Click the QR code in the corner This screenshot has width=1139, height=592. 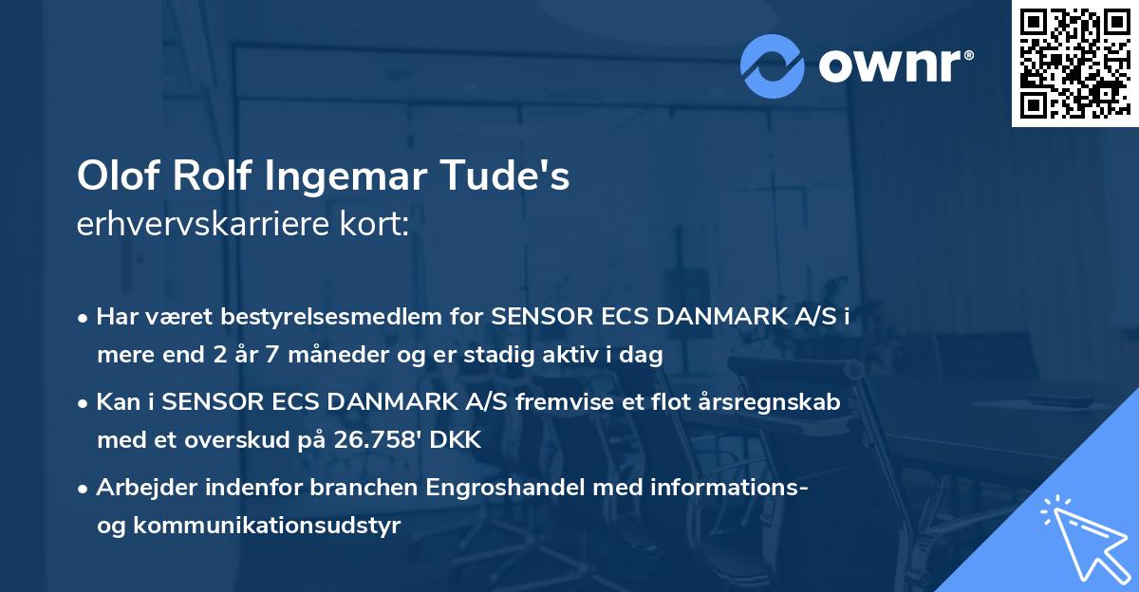[x=1074, y=63]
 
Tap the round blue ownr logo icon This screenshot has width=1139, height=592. [x=773, y=65]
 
